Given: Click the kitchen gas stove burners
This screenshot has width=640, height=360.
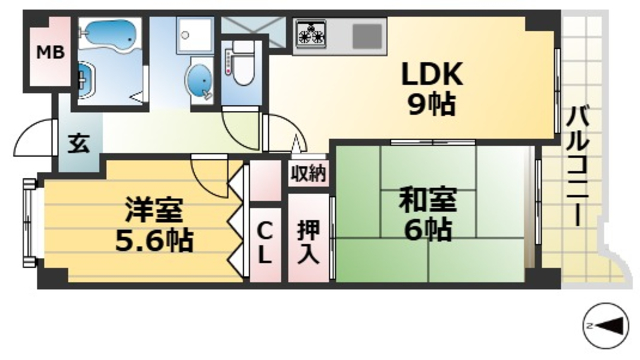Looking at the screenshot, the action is [311, 35].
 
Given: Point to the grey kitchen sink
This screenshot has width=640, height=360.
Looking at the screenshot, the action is [367, 36].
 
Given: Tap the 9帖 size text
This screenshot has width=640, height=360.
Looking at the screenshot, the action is [430, 105].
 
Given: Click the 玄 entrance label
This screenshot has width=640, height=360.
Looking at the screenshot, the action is [78, 143].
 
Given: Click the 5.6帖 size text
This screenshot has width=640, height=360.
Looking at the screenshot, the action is [152, 240].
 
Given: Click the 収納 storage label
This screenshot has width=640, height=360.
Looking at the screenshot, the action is [309, 174].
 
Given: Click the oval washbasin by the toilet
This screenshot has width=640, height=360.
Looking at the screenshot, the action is [200, 78].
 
